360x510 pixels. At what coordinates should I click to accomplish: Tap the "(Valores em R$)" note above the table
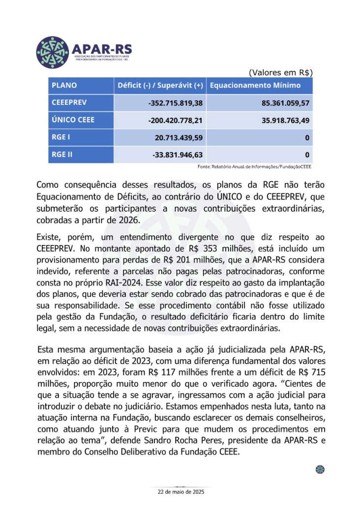point(281,72)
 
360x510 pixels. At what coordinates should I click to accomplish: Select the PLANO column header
point(64,85)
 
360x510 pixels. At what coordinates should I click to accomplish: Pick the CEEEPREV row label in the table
point(70,103)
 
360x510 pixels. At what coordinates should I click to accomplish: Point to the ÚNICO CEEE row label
point(73,120)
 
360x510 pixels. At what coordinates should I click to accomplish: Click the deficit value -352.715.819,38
point(176,103)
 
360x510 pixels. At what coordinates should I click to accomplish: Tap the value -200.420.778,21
point(176,120)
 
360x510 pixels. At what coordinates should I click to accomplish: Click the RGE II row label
point(62,155)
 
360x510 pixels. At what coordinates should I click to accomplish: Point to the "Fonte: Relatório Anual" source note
point(254,167)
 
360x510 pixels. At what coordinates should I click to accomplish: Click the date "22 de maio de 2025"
point(180,492)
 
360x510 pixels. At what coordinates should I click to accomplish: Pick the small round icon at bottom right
point(320,470)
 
